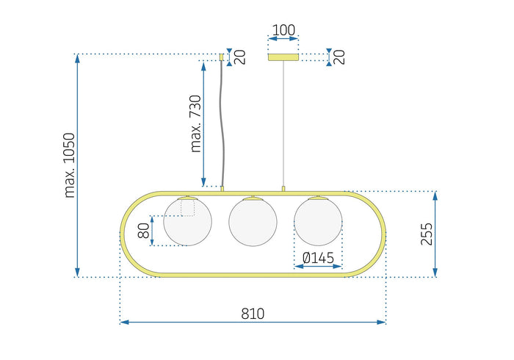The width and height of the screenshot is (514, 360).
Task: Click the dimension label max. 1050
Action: coord(70,166)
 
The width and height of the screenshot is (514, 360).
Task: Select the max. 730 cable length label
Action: coord(196,123)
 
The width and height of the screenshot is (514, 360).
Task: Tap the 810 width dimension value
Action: coord(253,313)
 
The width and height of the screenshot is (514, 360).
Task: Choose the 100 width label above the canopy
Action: coord(283,31)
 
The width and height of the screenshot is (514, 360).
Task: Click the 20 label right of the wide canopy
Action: coord(340,57)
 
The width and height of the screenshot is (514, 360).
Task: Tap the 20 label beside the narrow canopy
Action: coord(240,57)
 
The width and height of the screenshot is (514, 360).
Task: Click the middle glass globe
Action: coord(253,221)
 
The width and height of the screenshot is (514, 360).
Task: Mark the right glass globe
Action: coord(318,221)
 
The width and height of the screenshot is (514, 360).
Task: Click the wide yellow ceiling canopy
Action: coord(283,57)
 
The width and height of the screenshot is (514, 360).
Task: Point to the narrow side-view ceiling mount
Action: coord(222,56)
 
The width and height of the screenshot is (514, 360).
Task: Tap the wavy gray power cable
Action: coord(222,125)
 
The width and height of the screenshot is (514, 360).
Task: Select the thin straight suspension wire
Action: coord(283,125)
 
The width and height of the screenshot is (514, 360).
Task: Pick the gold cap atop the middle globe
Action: coord(253,197)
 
